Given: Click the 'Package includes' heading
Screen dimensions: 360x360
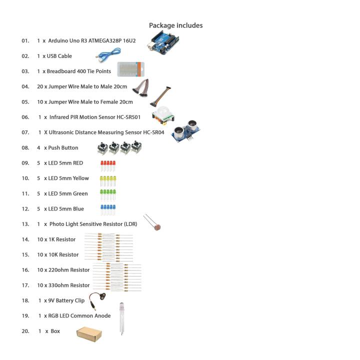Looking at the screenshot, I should pos(175,25).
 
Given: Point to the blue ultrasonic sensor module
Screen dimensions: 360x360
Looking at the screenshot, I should pos(185,131).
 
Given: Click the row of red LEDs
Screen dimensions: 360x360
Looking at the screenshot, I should pos(108,165).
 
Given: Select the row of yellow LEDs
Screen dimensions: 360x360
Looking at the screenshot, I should pos(108,180).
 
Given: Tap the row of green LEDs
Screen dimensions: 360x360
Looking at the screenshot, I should pos(108,195).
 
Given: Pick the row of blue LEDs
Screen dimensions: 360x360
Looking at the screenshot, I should pos(108,210).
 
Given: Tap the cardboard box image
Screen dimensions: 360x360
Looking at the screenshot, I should pos(89,333).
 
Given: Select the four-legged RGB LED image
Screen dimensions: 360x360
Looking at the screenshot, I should pos(121,317).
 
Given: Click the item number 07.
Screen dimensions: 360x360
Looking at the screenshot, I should pos(25,132).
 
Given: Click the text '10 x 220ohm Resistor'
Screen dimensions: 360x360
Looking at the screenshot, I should pos(63,270).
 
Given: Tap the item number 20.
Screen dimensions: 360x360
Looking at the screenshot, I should pos(25,331).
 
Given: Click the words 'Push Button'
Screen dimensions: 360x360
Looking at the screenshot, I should pos(63,148).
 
